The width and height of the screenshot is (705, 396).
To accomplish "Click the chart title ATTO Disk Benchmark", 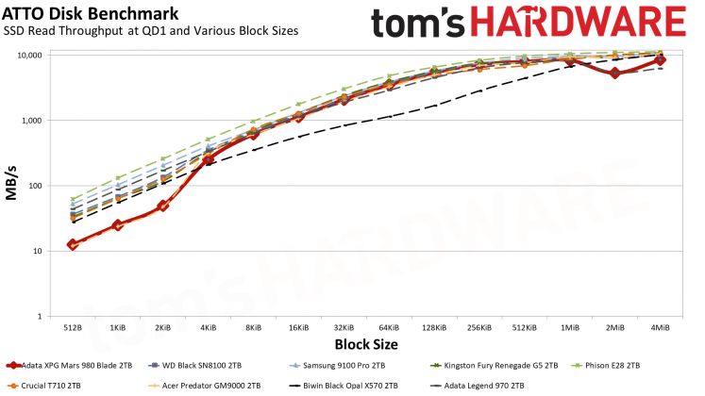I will pos(76,12).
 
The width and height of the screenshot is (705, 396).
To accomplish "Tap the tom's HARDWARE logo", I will pos(528,24).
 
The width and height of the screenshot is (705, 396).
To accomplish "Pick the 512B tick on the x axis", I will pos(73,328).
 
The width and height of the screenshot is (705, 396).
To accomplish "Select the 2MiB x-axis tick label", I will pos(614,328).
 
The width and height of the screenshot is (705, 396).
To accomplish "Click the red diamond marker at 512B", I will pos(73,244).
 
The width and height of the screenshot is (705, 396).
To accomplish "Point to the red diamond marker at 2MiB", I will pos(614,73).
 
